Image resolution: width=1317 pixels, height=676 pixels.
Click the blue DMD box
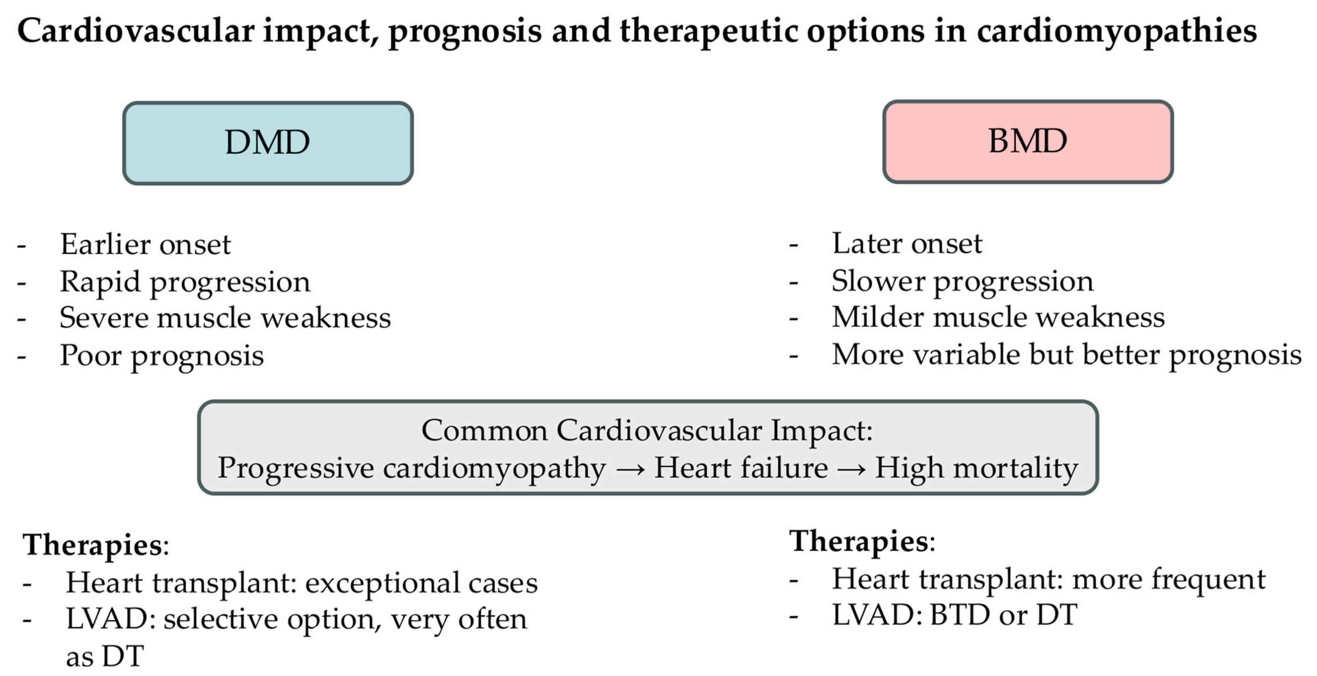[x=267, y=143]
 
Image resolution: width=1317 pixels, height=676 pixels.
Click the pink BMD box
[x=1028, y=141]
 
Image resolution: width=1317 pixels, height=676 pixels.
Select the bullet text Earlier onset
[x=146, y=245]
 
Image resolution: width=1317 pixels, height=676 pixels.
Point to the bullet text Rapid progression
[x=185, y=282]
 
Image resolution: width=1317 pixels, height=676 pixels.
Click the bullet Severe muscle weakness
[x=225, y=318]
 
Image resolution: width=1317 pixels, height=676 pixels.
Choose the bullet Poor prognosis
[x=161, y=356]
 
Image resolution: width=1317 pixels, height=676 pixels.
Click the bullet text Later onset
[x=907, y=243]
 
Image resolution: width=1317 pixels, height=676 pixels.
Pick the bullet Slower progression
[x=962, y=281]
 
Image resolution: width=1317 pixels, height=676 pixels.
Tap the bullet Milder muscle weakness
[x=998, y=317]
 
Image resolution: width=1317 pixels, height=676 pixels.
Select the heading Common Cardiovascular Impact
[x=647, y=430]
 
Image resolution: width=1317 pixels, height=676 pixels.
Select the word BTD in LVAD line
[x=960, y=615]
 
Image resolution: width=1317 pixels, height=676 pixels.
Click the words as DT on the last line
[x=105, y=656]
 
